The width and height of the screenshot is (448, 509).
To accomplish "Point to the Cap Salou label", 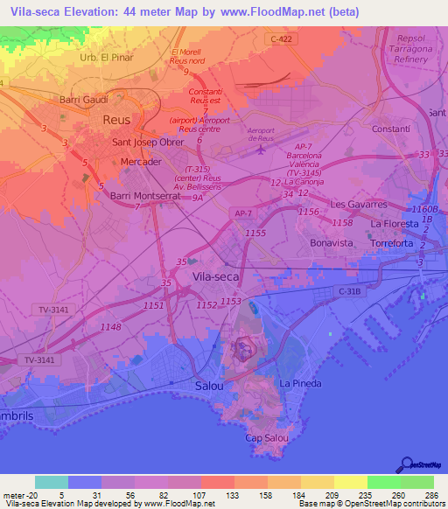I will (x=266, y=438).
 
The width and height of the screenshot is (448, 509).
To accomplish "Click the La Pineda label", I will (x=300, y=384).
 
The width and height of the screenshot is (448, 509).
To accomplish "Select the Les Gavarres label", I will (x=358, y=204).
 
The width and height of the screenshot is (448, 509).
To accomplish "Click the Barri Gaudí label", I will (x=83, y=100).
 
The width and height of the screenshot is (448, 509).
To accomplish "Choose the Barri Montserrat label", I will (x=145, y=196).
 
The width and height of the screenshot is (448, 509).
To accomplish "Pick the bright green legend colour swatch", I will (x=384, y=482).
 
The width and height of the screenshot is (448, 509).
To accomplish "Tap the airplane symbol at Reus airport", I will (x=260, y=150).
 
